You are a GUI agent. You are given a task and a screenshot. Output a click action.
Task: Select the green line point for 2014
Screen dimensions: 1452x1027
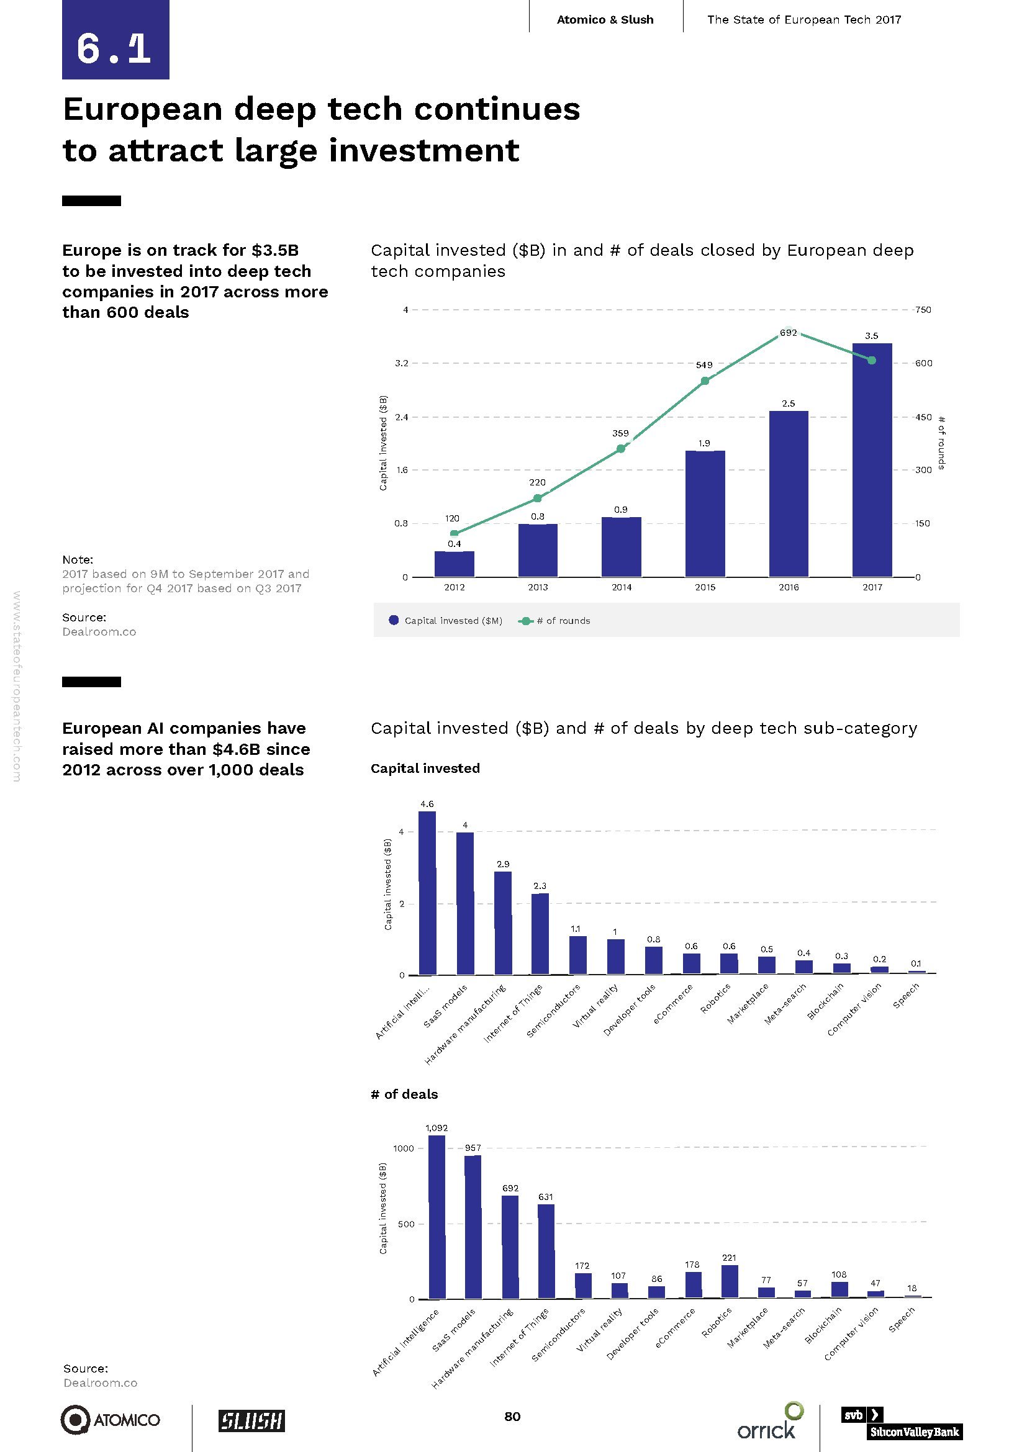pyautogui.click(x=620, y=448)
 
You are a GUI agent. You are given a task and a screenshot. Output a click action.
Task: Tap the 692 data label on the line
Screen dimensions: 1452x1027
pyautogui.click(x=788, y=333)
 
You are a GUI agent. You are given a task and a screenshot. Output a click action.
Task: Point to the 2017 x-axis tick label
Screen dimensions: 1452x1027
pyautogui.click(x=872, y=587)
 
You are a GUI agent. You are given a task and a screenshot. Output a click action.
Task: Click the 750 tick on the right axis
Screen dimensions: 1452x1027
pyautogui.click(x=923, y=310)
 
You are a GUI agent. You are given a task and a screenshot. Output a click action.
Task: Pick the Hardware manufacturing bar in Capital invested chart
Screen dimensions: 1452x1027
pyautogui.click(x=503, y=922)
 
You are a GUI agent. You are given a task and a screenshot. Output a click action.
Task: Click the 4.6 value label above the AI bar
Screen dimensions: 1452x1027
pyautogui.click(x=427, y=804)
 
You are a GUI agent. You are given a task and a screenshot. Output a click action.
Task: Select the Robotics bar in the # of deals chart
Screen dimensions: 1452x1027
pyautogui.click(x=729, y=1281)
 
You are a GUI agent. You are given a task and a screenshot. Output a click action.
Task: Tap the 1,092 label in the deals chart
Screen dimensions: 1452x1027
pyautogui.click(x=437, y=1127)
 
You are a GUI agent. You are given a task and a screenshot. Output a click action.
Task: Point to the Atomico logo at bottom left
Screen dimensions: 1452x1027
pyautogui.click(x=111, y=1420)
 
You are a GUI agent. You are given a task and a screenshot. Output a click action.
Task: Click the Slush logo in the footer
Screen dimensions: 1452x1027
pyautogui.click(x=251, y=1420)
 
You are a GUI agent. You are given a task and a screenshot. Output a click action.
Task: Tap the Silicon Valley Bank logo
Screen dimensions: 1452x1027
pyautogui.click(x=902, y=1422)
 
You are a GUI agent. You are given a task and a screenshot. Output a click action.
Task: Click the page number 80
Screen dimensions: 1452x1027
pyautogui.click(x=512, y=1417)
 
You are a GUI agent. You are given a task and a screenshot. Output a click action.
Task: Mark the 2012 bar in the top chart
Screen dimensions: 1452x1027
pyautogui.click(x=454, y=564)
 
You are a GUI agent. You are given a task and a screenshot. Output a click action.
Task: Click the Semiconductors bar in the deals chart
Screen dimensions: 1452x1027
pyautogui.click(x=583, y=1285)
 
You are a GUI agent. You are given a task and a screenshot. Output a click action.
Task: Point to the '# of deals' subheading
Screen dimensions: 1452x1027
pyautogui.click(x=404, y=1094)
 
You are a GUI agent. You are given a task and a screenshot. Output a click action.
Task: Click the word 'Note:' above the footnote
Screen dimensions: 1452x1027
pyautogui.click(x=77, y=560)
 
